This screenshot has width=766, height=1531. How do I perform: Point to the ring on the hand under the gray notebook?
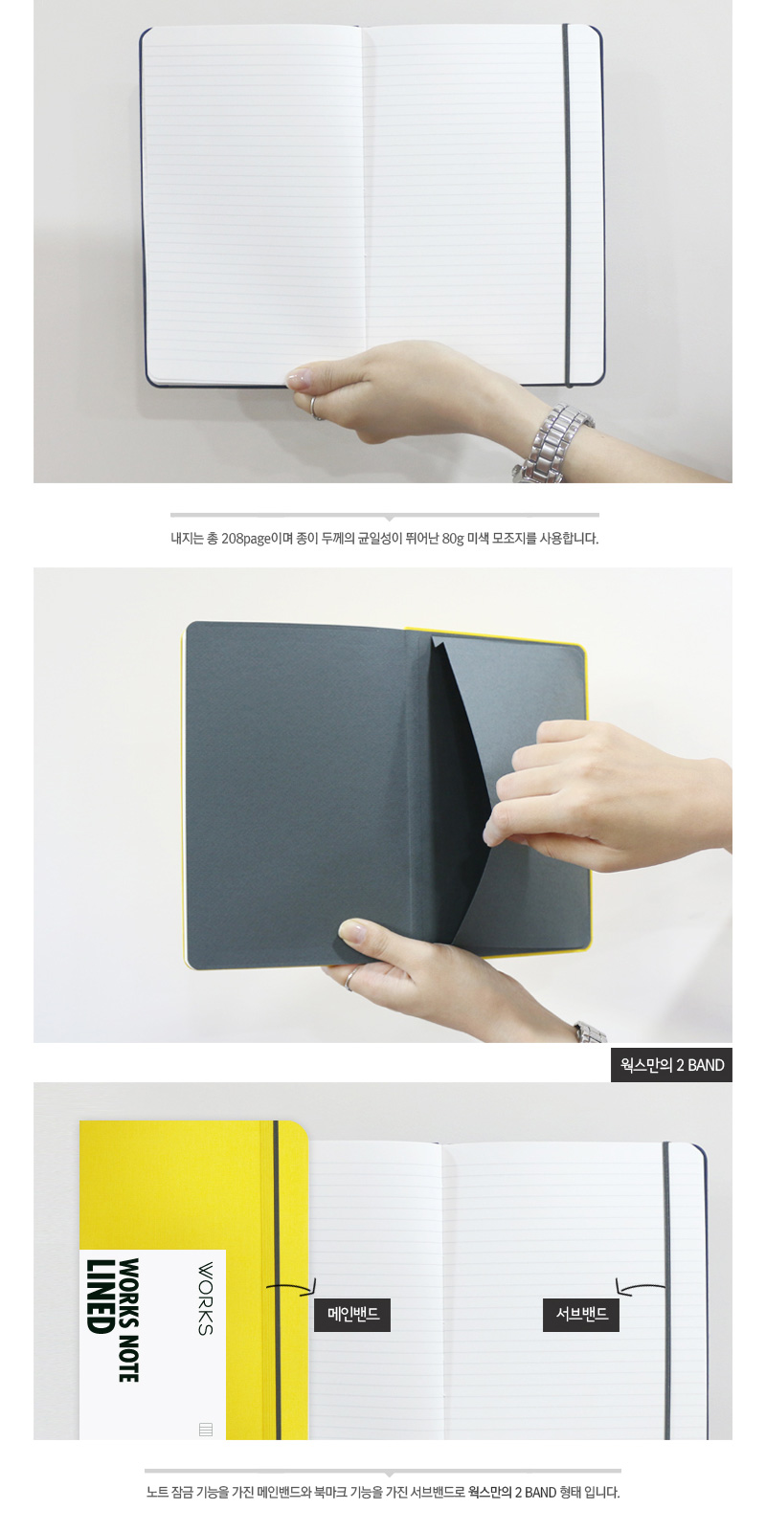(x=350, y=979)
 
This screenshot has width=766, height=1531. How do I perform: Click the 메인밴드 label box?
(x=352, y=1315)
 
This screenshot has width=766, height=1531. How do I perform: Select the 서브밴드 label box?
(x=580, y=1315)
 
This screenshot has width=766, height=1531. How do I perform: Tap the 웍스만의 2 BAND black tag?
(x=671, y=1065)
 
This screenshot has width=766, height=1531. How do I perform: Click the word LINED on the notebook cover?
(x=100, y=1296)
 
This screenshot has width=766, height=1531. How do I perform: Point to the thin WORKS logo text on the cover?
(x=205, y=1298)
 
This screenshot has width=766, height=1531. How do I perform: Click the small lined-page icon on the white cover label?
(x=205, y=1429)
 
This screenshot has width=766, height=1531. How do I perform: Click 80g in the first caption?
(x=453, y=539)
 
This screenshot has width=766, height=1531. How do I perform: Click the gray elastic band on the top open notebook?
(x=567, y=205)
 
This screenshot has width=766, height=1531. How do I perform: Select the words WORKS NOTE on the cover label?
(x=128, y=1320)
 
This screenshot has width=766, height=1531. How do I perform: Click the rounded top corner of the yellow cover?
(x=301, y=1128)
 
